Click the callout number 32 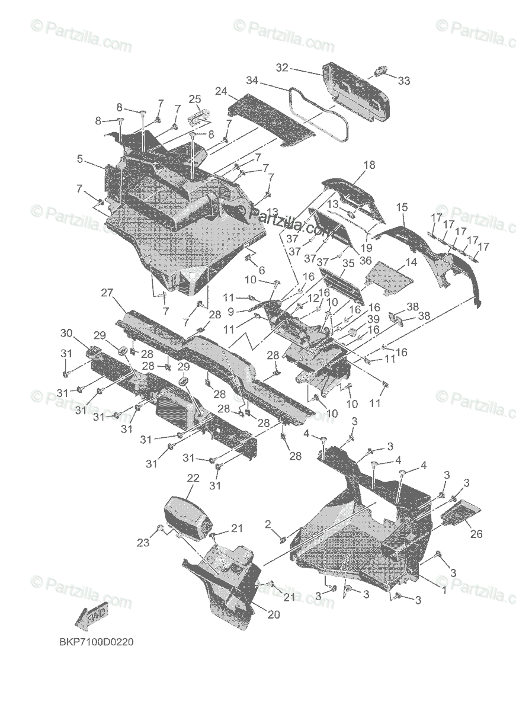[x=281, y=68]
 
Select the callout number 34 [x=252, y=79]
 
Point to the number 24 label [x=221, y=91]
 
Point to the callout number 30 [x=66, y=332]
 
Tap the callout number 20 [x=273, y=614]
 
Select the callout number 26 [x=476, y=534]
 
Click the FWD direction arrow [x=94, y=619]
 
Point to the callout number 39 [x=373, y=319]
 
